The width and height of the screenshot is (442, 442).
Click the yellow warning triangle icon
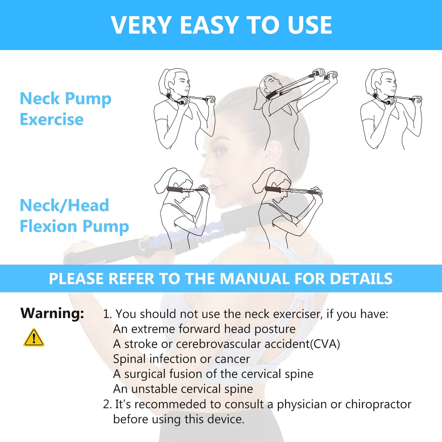tap(34, 338)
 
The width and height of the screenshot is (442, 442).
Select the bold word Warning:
tap(52, 313)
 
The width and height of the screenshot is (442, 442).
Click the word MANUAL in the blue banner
tap(255, 279)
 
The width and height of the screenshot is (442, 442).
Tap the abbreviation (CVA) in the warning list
tap(325, 344)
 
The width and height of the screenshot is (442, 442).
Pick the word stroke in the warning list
tap(141, 344)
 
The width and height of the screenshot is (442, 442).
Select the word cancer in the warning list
tap(232, 359)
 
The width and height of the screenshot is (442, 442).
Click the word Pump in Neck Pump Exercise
tap(88, 99)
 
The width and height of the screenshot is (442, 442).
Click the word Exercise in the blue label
tap(51, 119)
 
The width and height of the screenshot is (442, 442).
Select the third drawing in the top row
tap(392, 109)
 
